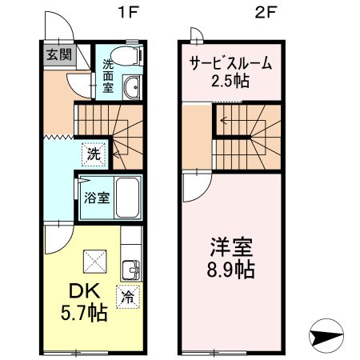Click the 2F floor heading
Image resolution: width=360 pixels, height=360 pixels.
266,13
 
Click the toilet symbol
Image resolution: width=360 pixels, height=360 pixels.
125,54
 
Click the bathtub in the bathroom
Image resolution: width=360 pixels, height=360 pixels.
126,196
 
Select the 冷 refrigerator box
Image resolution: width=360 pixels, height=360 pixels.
127,297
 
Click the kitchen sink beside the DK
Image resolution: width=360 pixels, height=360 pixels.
131,268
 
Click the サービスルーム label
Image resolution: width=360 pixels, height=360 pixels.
230,63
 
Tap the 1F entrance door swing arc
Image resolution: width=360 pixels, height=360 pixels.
62,28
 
